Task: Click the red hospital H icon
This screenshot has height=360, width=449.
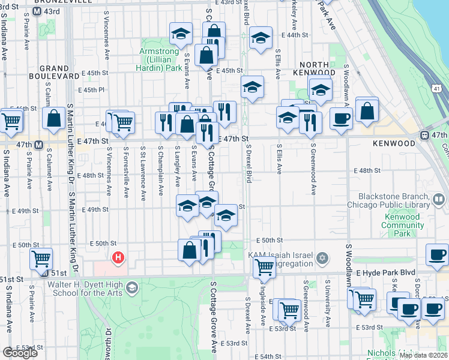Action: (119, 258)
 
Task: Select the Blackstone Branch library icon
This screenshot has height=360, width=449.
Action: (439, 199)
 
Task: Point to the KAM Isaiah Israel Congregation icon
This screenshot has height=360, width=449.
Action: (322, 258)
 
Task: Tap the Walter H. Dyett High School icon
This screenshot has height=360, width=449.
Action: (131, 289)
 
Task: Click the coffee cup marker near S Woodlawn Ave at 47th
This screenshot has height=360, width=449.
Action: (342, 118)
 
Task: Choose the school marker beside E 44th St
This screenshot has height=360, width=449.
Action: (261, 39)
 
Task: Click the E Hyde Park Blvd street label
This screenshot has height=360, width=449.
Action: (388, 272)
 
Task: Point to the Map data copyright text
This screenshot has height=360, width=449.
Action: (423, 355)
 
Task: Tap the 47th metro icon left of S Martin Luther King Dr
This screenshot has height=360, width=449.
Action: (38, 145)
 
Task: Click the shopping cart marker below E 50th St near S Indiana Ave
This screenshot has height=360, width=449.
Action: (41, 259)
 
